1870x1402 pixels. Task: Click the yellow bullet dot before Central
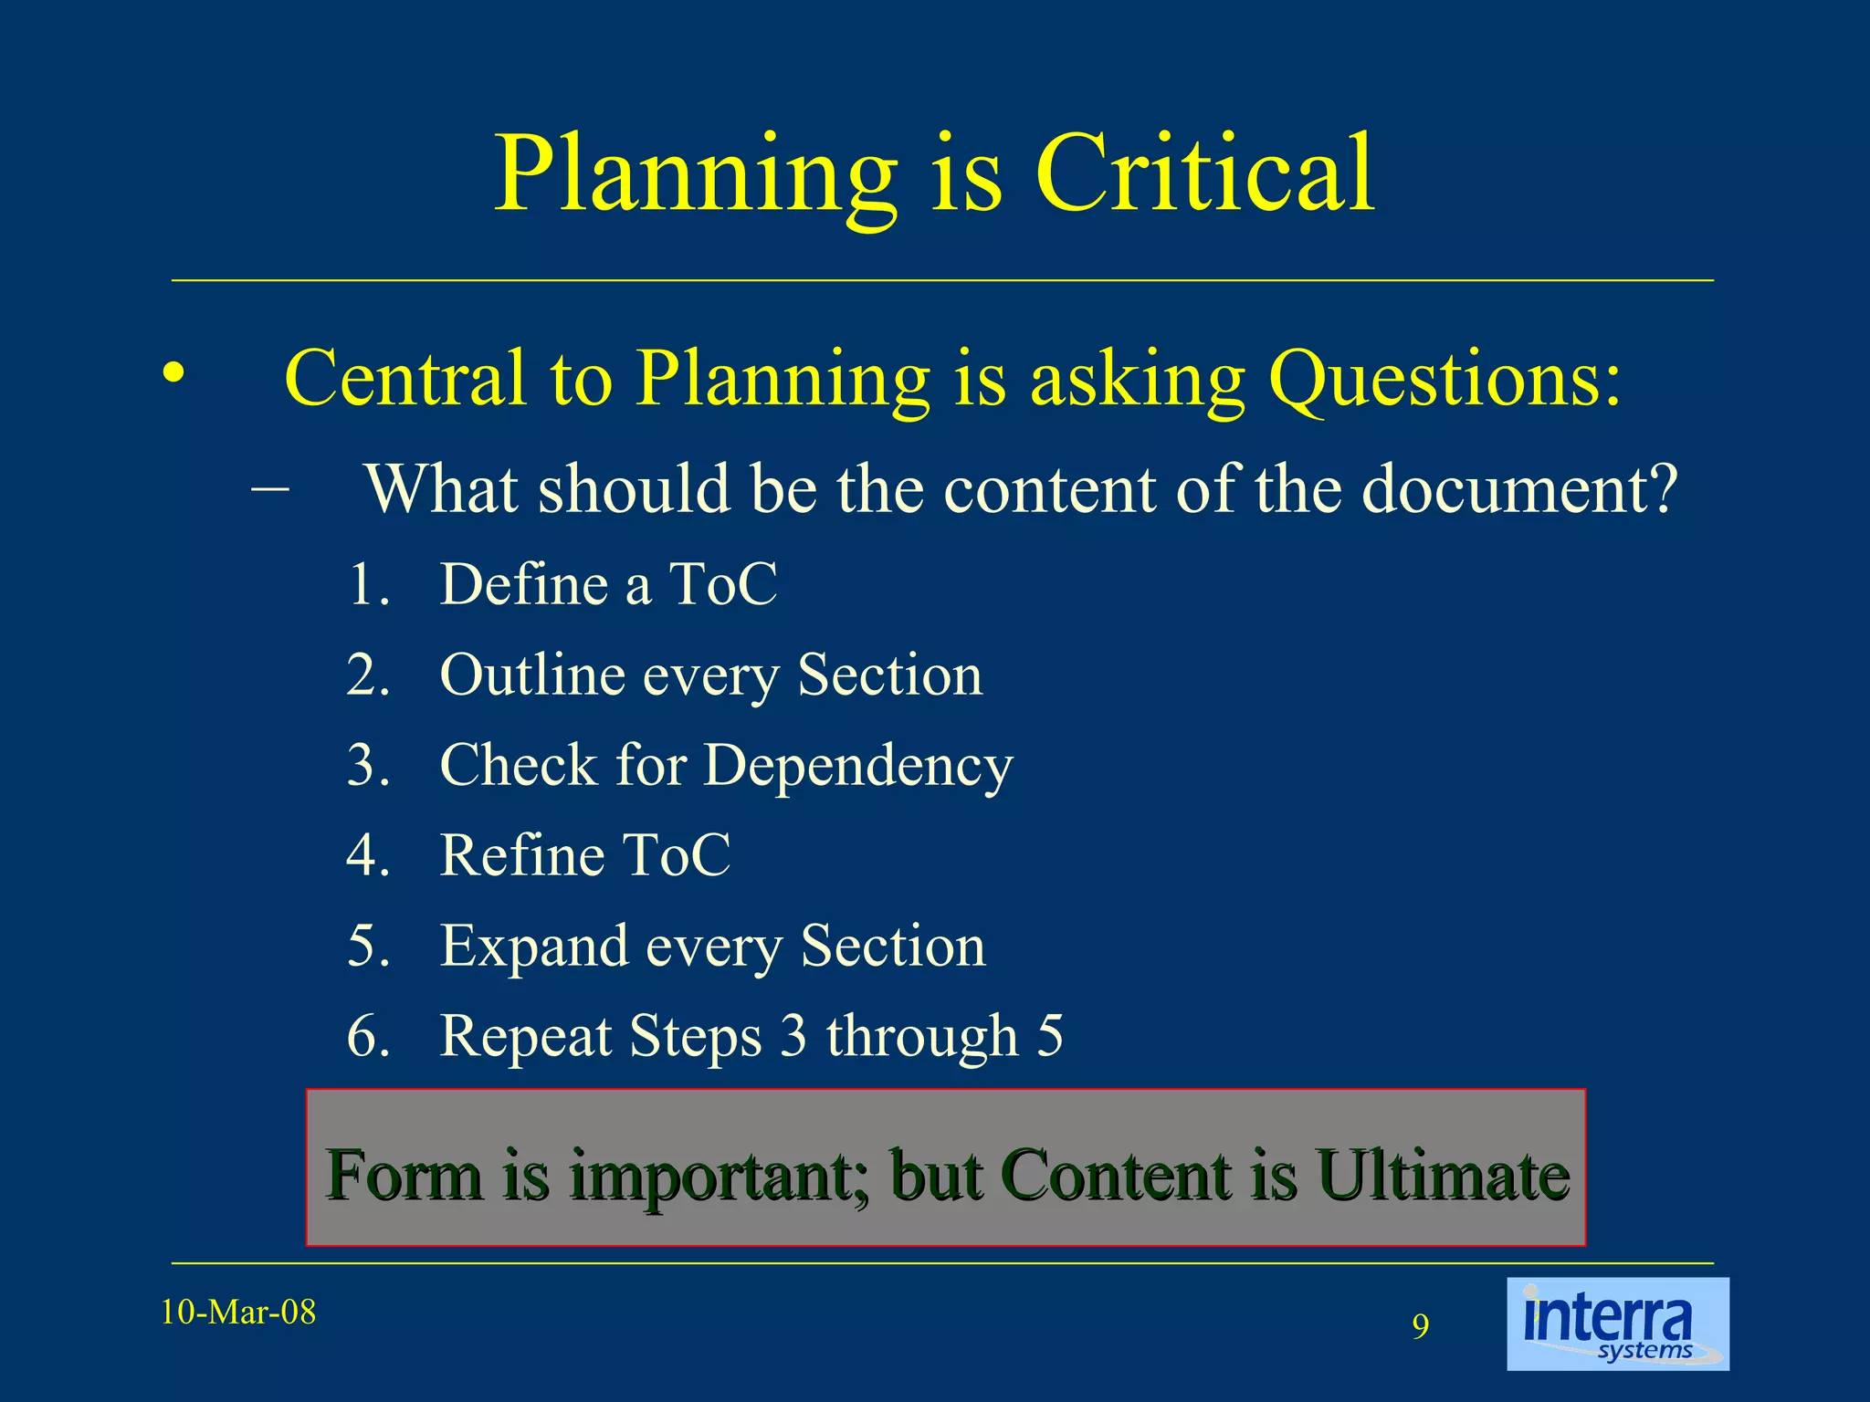pyautogui.click(x=173, y=373)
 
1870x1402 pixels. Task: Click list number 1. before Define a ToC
pyautogui.click(x=369, y=584)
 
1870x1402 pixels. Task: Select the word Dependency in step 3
pyautogui.click(x=858, y=767)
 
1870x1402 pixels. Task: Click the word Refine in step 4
pyautogui.click(x=521, y=855)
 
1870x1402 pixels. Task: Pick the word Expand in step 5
pyautogui.click(x=534, y=947)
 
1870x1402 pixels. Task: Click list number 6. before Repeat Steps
pyautogui.click(x=369, y=1036)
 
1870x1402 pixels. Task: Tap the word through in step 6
pyautogui.click(x=922, y=1036)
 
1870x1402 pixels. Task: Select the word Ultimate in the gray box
pyautogui.click(x=1443, y=1175)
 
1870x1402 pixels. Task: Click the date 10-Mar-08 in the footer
pyautogui.click(x=238, y=1313)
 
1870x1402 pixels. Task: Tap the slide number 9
pyautogui.click(x=1420, y=1326)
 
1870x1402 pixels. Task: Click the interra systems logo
pyautogui.click(x=1617, y=1324)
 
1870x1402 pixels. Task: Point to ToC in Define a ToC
pyautogui.click(x=723, y=584)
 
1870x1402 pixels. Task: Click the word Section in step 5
pyautogui.click(x=893, y=947)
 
